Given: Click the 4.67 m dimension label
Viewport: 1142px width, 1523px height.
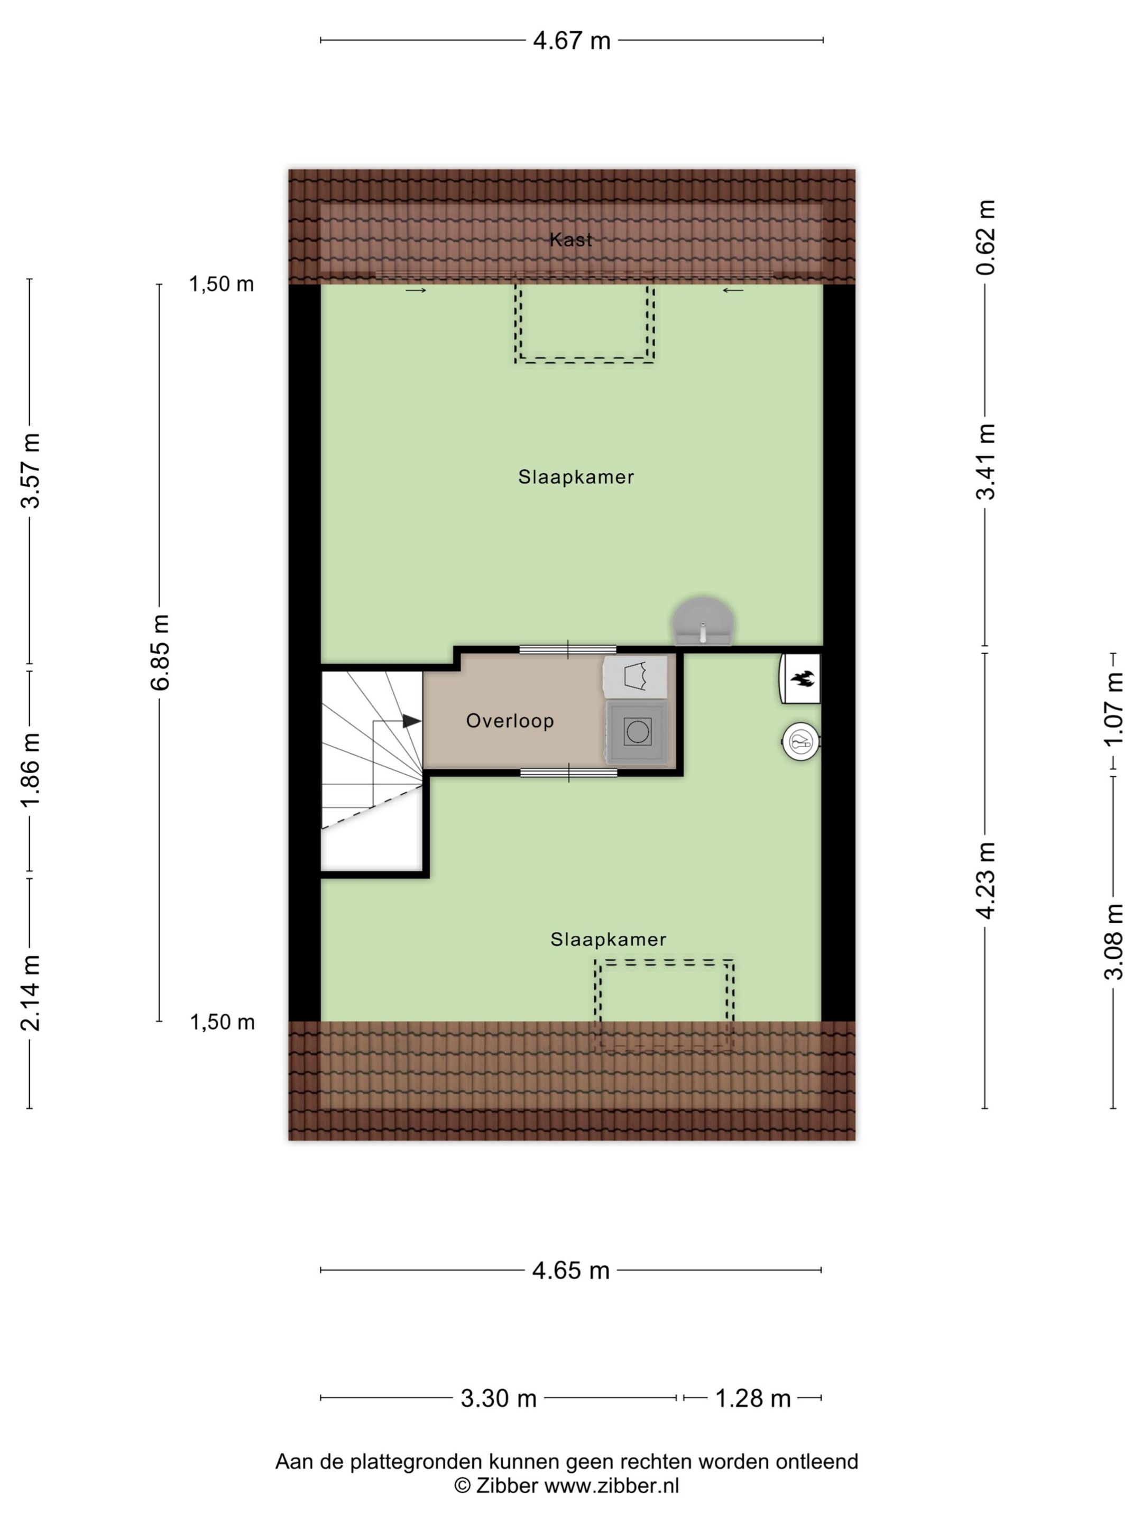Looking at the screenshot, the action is click(x=572, y=41).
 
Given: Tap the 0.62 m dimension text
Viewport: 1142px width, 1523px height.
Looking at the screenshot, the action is click(x=985, y=237).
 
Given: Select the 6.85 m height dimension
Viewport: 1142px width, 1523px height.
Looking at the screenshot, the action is click(x=160, y=652).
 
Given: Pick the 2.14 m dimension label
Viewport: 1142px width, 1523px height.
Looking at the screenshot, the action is click(x=30, y=993).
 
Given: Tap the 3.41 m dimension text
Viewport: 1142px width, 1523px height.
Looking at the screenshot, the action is click(x=985, y=461).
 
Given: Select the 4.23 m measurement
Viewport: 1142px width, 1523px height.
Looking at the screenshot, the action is click(x=985, y=880).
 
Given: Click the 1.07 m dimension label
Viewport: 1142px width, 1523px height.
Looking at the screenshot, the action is click(x=1113, y=709).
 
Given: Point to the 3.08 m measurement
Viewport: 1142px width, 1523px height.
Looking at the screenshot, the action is click(x=1113, y=942).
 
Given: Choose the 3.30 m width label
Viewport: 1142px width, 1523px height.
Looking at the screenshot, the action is click(x=499, y=1398).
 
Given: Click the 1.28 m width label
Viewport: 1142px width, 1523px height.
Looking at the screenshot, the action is click(x=752, y=1398).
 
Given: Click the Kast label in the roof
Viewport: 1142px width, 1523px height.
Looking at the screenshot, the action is click(x=570, y=240).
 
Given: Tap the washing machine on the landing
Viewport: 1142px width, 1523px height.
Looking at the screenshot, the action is click(x=637, y=731).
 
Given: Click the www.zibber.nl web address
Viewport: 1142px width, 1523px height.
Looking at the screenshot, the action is click(x=611, y=1486).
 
